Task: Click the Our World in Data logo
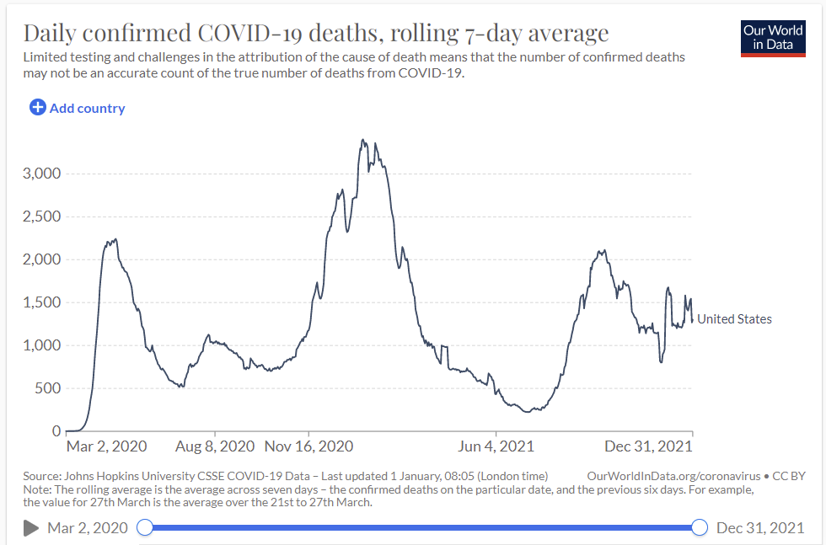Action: coord(773,37)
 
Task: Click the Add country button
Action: coord(78,108)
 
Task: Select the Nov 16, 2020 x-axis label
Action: coord(308,446)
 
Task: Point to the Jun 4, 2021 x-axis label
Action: coord(497,446)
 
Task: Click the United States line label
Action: coord(734,318)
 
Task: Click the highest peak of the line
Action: coord(362,140)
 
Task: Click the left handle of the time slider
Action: coord(145,527)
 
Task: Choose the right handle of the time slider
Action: coord(699,527)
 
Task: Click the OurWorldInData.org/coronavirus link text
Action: coord(673,476)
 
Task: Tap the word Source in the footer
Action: coord(40,476)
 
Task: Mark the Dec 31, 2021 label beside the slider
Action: coord(759,528)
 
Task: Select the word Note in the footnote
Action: coord(37,489)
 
